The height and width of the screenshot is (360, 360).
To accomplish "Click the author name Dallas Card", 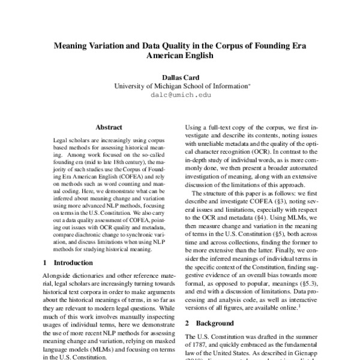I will [180, 77].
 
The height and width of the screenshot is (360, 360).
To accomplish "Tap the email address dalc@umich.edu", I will [180, 95].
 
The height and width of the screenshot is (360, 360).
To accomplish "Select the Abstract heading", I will [109, 127].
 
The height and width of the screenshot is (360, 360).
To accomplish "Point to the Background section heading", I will [209, 322].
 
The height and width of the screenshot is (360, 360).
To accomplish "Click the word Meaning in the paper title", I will [74, 44].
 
